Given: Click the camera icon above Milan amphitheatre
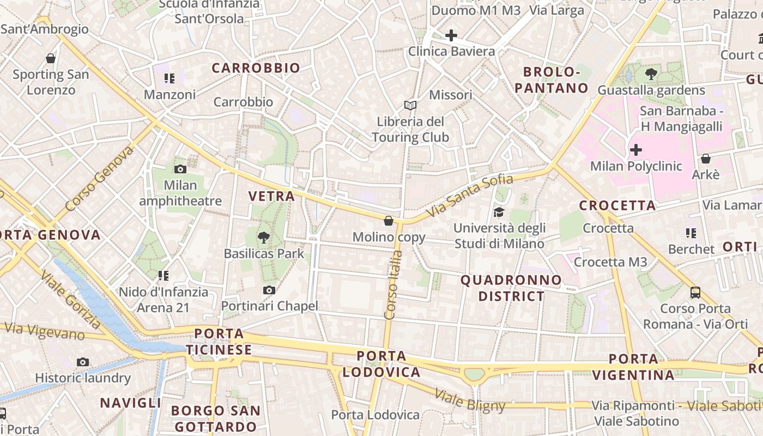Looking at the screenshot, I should tap(180, 169).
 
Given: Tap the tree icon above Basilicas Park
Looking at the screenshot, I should tap(264, 237).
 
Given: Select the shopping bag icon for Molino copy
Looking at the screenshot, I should tap(389, 221).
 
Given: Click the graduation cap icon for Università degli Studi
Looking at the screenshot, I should tap(499, 212).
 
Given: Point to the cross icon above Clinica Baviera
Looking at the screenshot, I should tap(451, 36).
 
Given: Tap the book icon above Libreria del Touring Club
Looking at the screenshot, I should tap(410, 105).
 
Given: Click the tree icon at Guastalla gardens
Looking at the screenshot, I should tap(651, 74).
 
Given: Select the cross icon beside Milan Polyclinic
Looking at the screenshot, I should tap(636, 150).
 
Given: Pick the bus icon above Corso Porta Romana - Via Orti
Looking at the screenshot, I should tap(695, 293).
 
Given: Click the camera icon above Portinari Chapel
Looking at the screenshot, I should tap(269, 290).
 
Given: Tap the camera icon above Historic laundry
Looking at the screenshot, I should tap(83, 362).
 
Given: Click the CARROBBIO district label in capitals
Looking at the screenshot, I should tap(256, 68).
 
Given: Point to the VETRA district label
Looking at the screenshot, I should tap(271, 196).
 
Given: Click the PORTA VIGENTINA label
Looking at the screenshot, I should tap(633, 367).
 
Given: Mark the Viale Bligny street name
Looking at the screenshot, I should tap(470, 400).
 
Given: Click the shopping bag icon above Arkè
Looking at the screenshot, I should tap(706, 159).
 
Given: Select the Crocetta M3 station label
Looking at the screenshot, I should tap(610, 262).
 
